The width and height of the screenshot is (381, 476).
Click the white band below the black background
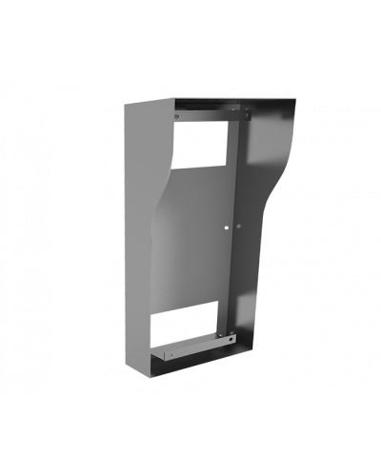coord(190,447)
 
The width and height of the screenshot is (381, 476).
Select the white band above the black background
coord(190,19)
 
